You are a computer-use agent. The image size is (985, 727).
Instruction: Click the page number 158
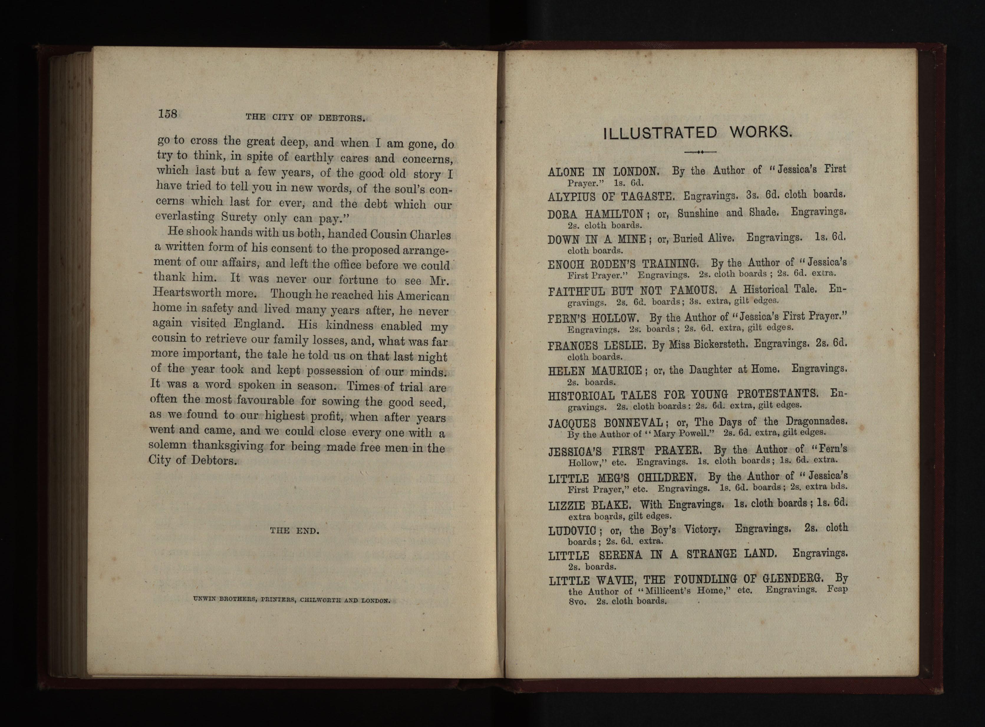coord(167,114)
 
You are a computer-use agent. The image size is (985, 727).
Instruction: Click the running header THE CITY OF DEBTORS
coord(306,118)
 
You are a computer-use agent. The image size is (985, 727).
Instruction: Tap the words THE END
coord(294,531)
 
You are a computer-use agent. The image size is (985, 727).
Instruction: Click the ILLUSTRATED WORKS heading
coord(697,133)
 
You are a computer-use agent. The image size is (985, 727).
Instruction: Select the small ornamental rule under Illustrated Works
coord(700,152)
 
